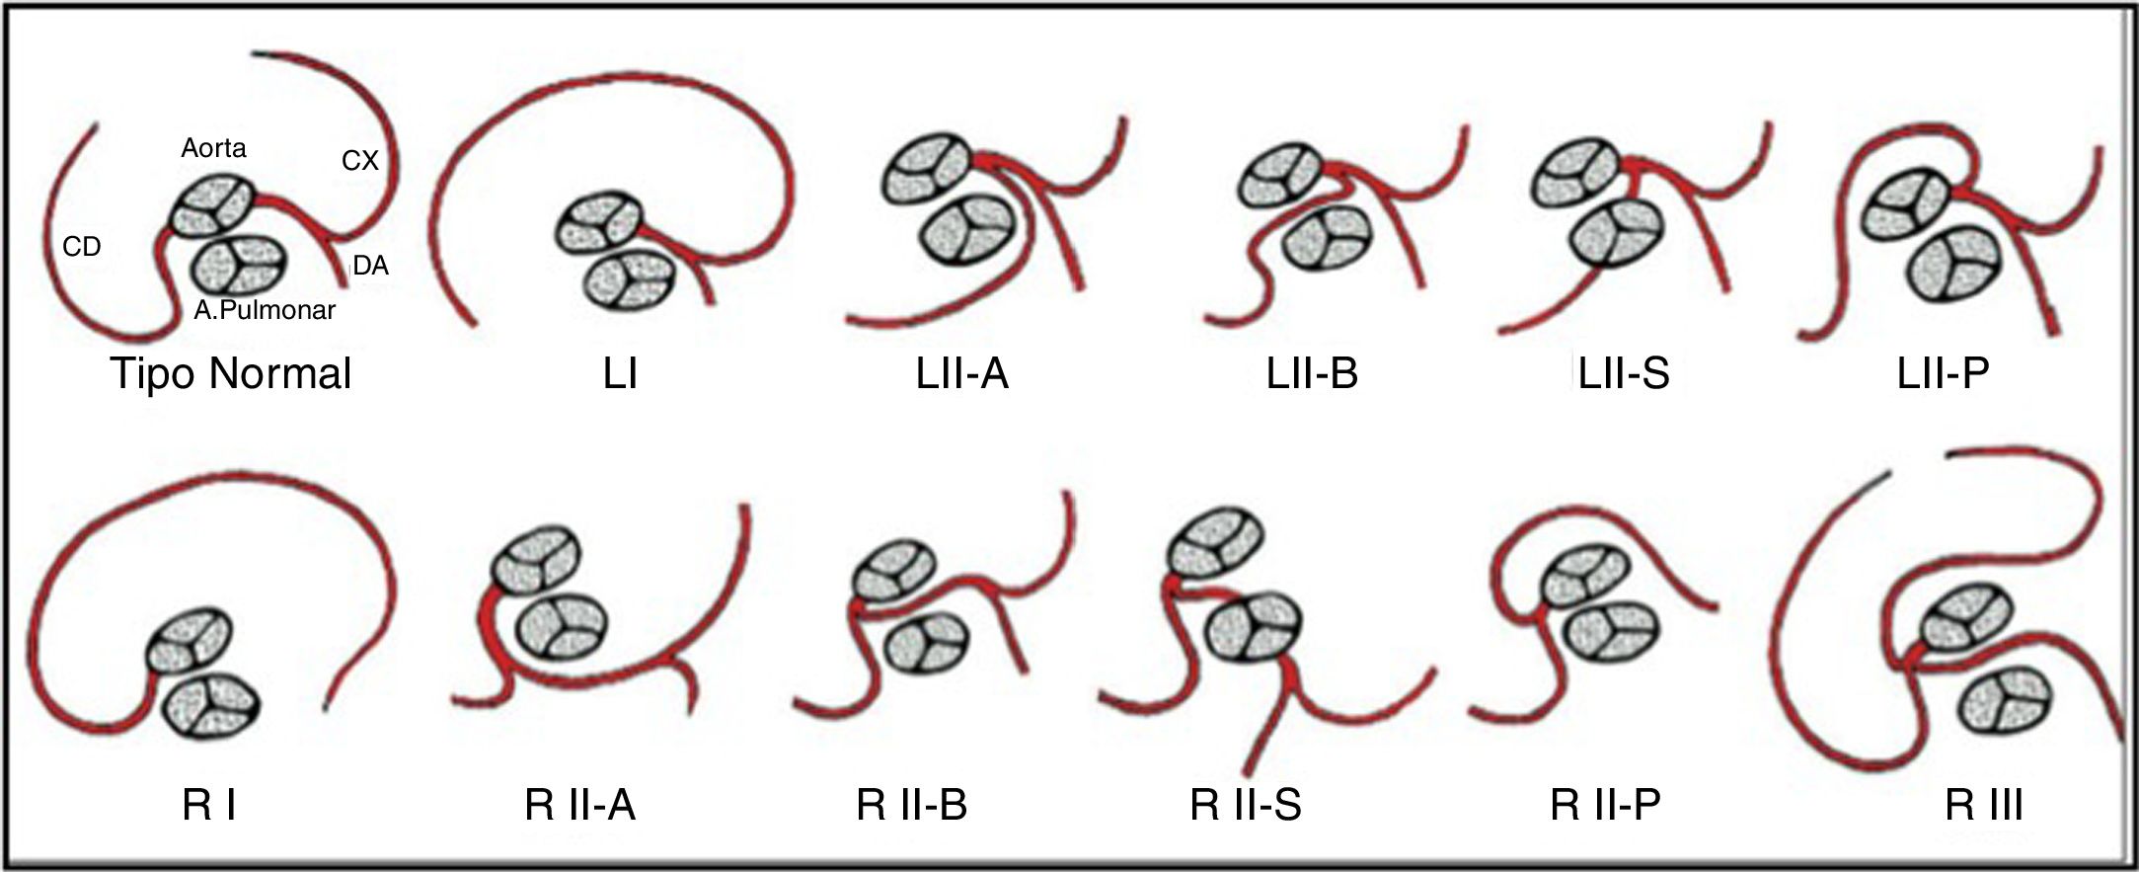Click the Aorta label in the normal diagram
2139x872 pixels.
point(213,148)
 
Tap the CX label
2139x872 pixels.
point(360,161)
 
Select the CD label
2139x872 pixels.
point(82,247)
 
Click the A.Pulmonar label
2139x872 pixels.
point(265,310)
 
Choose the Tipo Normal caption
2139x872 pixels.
point(231,374)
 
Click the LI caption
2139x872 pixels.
point(620,374)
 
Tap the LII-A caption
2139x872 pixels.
point(961,374)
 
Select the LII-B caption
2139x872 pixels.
point(1312,374)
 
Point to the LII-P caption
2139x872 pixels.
point(1943,374)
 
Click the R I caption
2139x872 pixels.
point(209,806)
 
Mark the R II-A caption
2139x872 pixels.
point(579,806)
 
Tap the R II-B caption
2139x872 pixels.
point(912,806)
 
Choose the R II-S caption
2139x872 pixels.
point(1246,806)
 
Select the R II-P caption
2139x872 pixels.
point(1605,806)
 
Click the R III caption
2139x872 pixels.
point(1984,806)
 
